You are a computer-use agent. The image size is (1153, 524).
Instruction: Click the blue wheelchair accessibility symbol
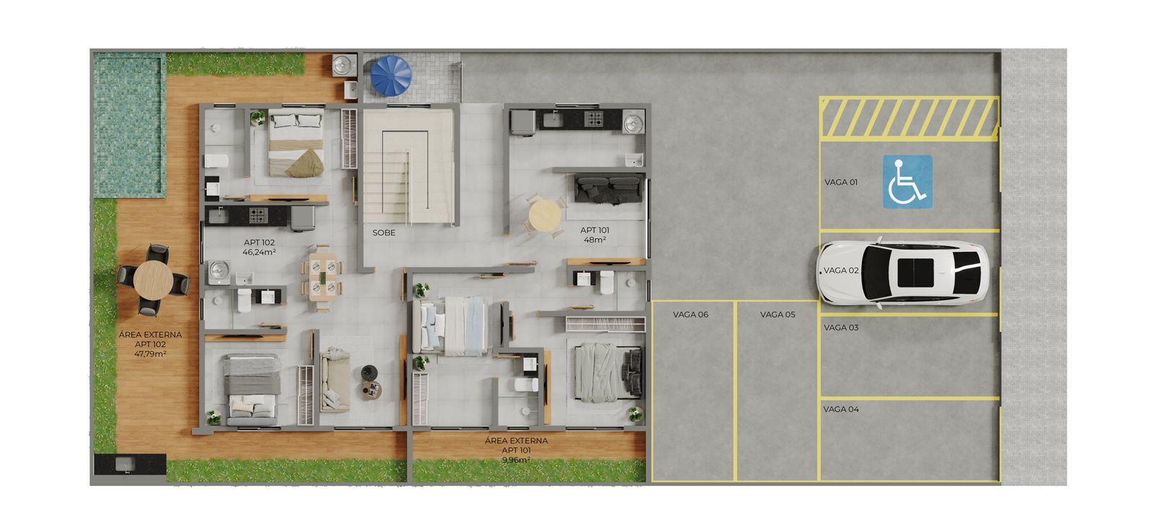click(907, 182)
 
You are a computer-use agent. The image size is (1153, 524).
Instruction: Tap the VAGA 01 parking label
click(841, 182)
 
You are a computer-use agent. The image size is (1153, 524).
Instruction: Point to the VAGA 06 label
click(690, 315)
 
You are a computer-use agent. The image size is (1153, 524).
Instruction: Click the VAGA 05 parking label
click(778, 315)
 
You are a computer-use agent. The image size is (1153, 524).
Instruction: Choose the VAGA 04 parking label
click(841, 409)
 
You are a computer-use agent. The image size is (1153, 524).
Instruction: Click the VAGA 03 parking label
click(841, 327)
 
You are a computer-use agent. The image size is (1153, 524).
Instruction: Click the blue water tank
click(391, 75)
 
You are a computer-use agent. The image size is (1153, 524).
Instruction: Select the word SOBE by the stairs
click(383, 232)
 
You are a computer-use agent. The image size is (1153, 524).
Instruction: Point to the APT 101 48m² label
click(595, 235)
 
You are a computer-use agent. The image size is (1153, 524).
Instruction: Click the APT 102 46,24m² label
click(259, 248)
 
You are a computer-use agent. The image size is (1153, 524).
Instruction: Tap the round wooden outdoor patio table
click(153, 279)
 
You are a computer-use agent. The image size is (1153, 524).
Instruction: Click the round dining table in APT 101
click(544, 214)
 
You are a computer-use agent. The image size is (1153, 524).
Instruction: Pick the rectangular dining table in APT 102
click(322, 277)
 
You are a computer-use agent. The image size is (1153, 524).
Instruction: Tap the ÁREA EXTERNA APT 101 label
click(516, 450)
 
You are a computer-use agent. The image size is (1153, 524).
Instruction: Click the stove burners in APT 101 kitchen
click(593, 119)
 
